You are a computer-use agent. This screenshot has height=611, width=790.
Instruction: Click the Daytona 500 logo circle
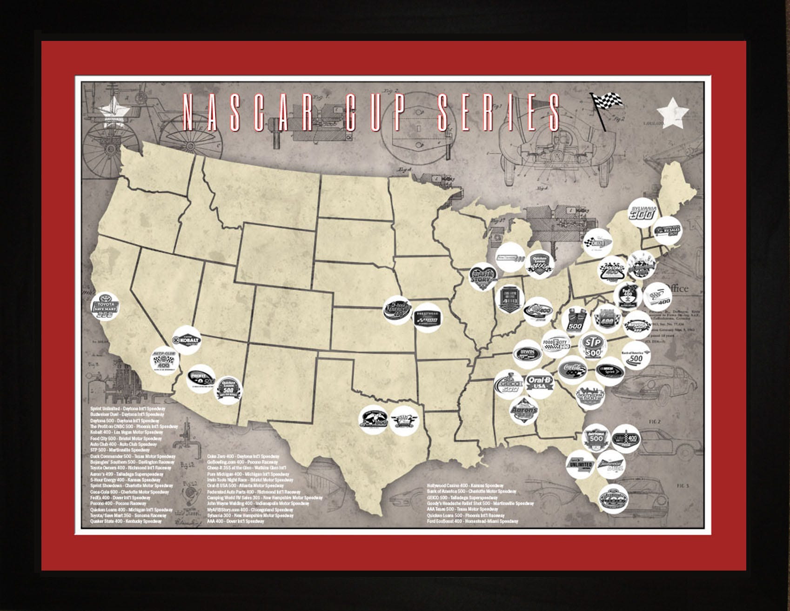click(x=596, y=440)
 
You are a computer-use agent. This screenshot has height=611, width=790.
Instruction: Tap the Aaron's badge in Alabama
click(x=524, y=411)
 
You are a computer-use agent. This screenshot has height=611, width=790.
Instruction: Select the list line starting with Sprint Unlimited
click(x=128, y=407)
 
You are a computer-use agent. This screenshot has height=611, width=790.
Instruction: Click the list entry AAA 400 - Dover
click(x=235, y=521)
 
